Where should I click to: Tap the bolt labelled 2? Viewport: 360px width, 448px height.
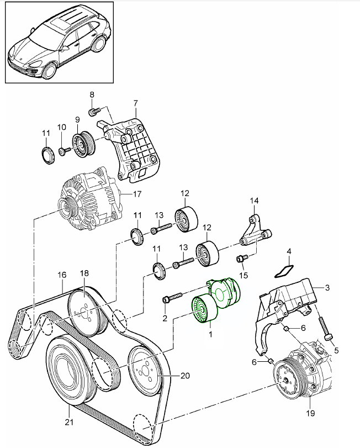click(x=167, y=299)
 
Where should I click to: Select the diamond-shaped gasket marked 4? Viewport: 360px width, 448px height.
click(x=284, y=271)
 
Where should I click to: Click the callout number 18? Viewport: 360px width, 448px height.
click(x=84, y=273)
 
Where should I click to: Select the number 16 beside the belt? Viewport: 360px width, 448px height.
click(x=61, y=275)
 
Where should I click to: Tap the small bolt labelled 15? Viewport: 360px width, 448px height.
click(x=241, y=258)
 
